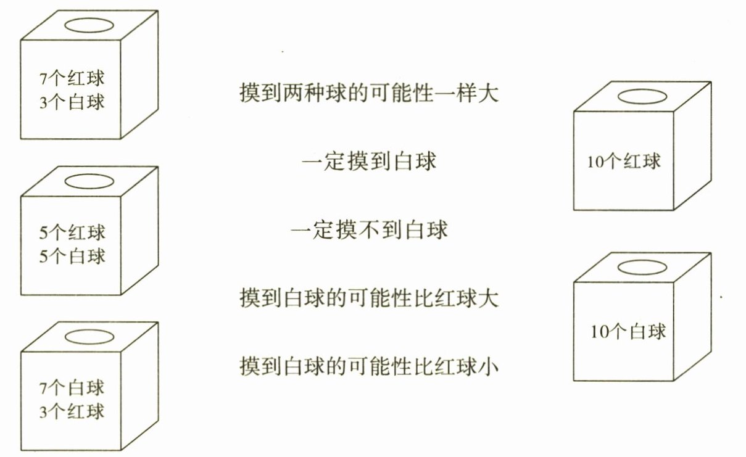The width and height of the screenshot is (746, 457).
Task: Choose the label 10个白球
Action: [x=628, y=332]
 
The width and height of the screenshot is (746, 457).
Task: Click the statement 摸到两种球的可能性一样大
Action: [x=368, y=94]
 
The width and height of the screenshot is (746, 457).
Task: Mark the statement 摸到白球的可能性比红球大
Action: [x=368, y=299]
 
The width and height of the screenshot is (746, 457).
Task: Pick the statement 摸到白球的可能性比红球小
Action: [x=368, y=366]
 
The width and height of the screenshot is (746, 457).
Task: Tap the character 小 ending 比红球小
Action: [x=488, y=366]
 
